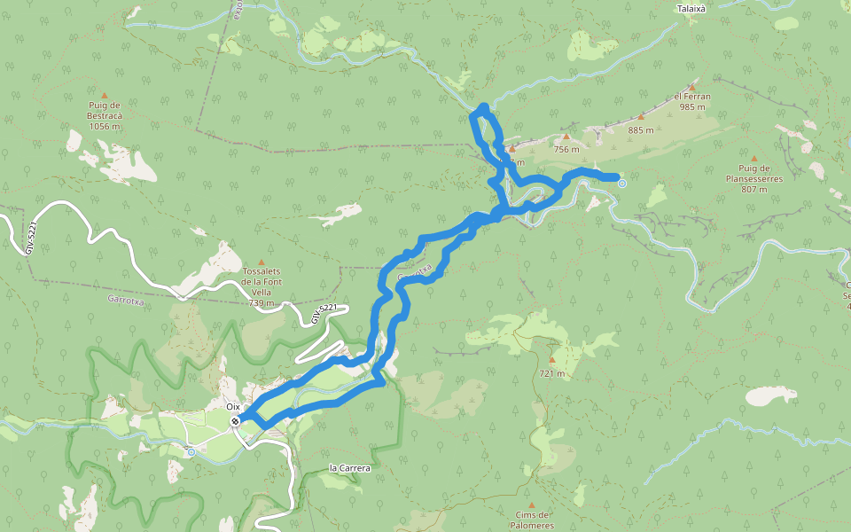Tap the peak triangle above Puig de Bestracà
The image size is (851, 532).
pyautogui.click(x=104, y=96)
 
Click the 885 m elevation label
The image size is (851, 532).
pyautogui.click(x=640, y=130)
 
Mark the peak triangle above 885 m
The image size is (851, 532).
pyautogui.click(x=641, y=117)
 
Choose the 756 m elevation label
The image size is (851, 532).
pyautogui.click(x=566, y=149)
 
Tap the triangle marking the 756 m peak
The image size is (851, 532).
pyautogui.click(x=566, y=137)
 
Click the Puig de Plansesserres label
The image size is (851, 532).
pyautogui.click(x=754, y=178)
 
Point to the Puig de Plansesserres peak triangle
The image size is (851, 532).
pyautogui.click(x=754, y=159)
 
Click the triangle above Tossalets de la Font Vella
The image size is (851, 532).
pyautogui.click(x=261, y=262)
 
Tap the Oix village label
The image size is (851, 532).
pyautogui.click(x=233, y=406)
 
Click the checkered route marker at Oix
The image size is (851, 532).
pyautogui.click(x=235, y=421)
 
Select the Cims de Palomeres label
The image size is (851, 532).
pyautogui.click(x=532, y=520)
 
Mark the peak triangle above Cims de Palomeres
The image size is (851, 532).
pyautogui.click(x=532, y=505)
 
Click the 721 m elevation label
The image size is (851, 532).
pyautogui.click(x=551, y=373)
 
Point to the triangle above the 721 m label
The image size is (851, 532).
pyautogui.click(x=551, y=360)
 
